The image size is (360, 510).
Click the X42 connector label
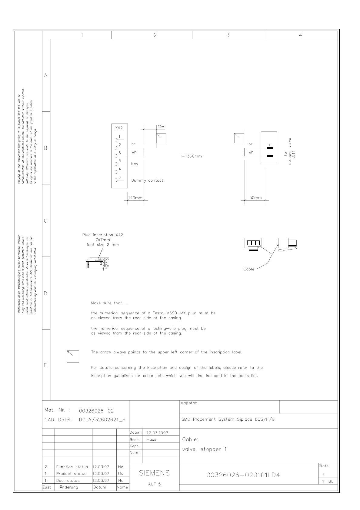tap(119, 128)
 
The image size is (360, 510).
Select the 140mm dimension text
tap(135, 198)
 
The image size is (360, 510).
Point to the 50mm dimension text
tap(255, 198)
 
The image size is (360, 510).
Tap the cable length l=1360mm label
tap(191, 156)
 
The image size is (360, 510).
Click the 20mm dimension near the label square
tap(162, 126)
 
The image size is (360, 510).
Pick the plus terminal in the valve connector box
tap(269, 147)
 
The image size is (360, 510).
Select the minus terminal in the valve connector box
tap(269, 156)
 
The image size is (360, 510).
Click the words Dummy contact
tap(147, 180)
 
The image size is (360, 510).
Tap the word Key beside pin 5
tap(135, 164)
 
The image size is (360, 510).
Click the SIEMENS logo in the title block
tap(154, 473)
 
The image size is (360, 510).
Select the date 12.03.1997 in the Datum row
tap(157, 433)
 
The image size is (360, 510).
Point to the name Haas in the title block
tap(151, 439)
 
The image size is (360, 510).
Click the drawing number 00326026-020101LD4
tap(243, 475)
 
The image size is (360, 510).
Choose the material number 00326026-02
tap(96, 411)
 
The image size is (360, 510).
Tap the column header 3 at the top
tap(228, 35)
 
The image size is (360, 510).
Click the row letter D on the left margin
tap(45, 293)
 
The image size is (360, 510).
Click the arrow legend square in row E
tap(73, 356)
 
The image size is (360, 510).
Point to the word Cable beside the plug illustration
tap(249, 269)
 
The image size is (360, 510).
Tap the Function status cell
tap(72, 467)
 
